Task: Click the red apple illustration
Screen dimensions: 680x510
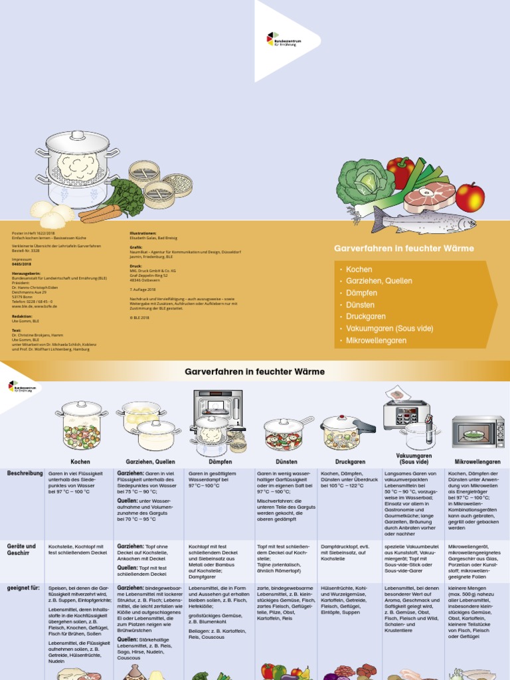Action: tap(469, 198)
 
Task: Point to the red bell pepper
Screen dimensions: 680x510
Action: tap(400, 171)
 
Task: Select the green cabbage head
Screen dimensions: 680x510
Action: tap(365, 182)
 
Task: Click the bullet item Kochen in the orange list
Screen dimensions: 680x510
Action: tap(359, 270)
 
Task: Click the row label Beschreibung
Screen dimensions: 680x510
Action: tap(25, 473)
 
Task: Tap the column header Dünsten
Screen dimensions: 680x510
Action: tap(286, 461)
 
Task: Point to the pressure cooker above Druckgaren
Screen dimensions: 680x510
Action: tap(348, 432)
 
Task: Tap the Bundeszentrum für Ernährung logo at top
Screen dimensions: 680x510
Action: tap(284, 41)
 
